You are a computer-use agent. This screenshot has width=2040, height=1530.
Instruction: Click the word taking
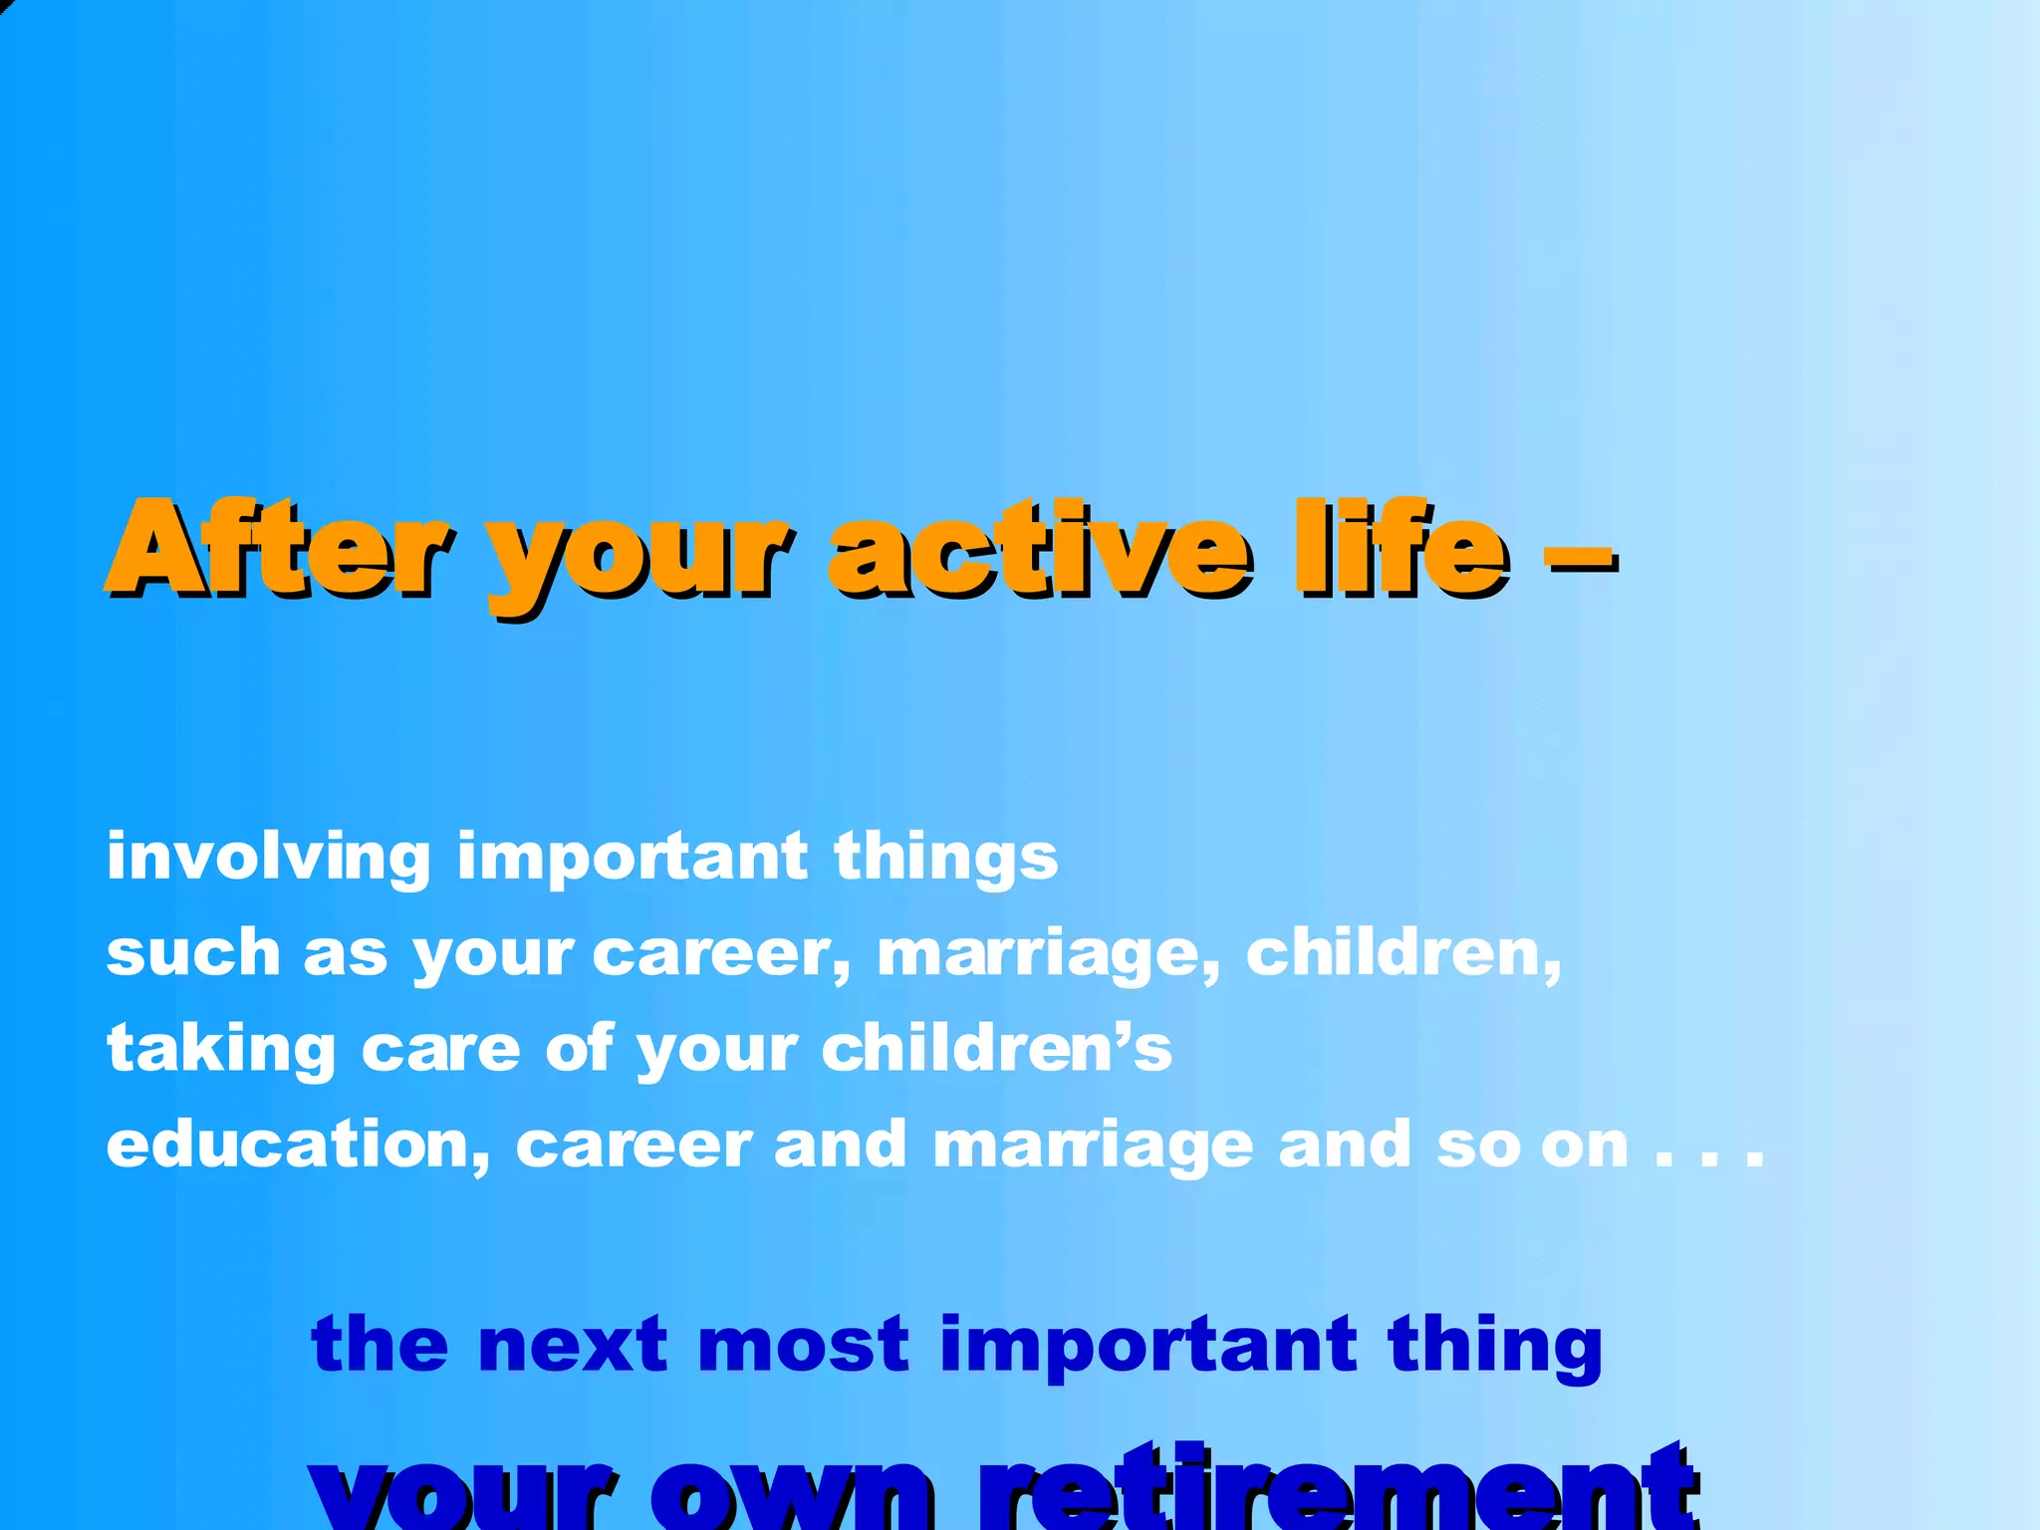point(221,1050)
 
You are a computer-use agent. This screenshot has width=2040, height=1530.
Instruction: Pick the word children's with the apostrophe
point(997,1048)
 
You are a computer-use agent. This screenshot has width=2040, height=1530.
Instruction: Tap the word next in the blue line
point(572,1345)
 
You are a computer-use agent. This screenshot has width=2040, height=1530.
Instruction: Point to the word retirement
point(1335,1490)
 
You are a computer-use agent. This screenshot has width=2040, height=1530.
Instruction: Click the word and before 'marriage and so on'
point(840,1146)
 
